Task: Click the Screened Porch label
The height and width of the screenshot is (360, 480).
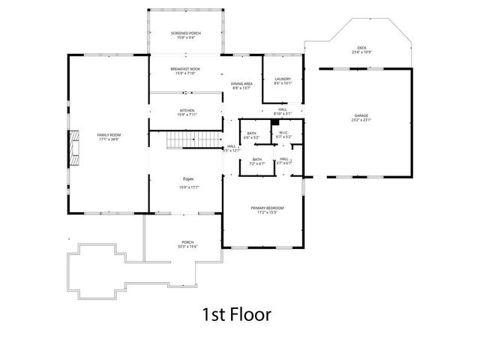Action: (185, 33)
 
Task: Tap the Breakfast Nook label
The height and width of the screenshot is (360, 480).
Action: (185, 69)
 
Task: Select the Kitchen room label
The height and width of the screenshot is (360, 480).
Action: (186, 110)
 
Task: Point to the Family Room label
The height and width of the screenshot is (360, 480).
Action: (109, 135)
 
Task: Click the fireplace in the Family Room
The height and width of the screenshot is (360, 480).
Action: (74, 147)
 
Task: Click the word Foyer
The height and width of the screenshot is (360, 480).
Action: (190, 178)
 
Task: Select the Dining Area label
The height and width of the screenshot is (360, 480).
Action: (241, 83)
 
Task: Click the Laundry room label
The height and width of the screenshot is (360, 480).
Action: (283, 79)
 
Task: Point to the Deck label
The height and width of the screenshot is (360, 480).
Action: (361, 48)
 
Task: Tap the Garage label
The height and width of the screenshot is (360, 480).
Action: (361, 115)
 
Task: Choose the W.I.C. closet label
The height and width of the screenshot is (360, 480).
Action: (284, 133)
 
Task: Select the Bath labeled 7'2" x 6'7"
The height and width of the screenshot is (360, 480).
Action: (257, 160)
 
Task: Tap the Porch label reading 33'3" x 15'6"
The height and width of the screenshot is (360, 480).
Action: (187, 242)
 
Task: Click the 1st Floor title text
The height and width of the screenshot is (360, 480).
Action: (236, 314)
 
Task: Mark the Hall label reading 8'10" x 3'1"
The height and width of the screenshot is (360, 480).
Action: (283, 109)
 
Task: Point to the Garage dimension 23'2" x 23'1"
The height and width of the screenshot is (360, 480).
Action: (361, 120)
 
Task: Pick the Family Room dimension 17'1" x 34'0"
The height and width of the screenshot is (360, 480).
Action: (109, 139)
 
